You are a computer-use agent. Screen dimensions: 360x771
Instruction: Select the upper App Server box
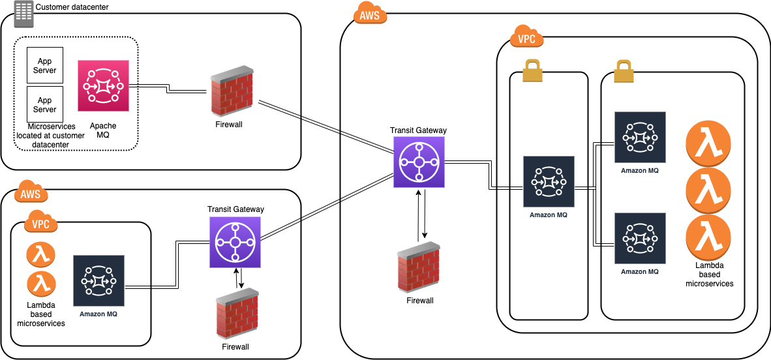45,65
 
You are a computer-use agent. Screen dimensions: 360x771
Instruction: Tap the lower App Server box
45,104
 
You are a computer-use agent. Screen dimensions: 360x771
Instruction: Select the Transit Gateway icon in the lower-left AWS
235,243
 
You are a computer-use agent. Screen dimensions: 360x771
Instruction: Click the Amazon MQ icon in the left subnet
549,181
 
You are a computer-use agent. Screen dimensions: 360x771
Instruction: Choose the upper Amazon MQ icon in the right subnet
640,137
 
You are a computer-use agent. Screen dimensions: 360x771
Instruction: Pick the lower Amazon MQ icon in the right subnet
640,238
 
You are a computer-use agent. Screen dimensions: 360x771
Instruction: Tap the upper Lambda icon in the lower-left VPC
41,255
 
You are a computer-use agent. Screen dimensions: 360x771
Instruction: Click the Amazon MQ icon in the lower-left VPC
99,281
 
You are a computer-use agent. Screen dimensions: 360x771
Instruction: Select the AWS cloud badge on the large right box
369,14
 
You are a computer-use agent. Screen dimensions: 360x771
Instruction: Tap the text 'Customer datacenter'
72,7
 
